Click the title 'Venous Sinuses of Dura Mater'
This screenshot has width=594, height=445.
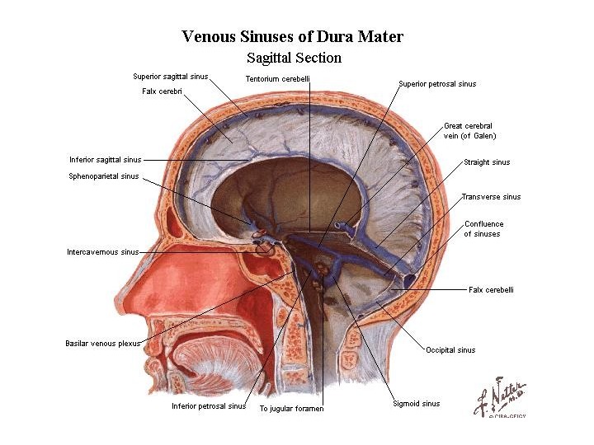tap(293, 37)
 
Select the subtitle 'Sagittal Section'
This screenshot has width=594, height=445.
tap(294, 59)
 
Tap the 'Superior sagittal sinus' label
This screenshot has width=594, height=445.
tap(171, 77)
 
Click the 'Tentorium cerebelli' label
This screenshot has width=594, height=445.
tap(278, 79)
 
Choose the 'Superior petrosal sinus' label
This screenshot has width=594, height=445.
tap(437, 84)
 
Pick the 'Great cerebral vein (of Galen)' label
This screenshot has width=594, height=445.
tap(469, 131)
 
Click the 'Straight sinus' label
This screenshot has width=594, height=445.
tap(487, 162)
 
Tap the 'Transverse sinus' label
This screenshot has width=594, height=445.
tap(491, 197)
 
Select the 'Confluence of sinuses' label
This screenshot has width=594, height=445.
tap(483, 228)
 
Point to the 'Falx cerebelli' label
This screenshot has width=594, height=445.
tap(491, 289)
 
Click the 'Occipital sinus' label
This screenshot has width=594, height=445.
tap(450, 350)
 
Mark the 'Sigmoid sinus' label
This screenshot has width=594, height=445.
tap(417, 404)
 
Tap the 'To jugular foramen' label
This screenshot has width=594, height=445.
tap(291, 409)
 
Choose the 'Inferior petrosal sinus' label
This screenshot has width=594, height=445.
tap(209, 406)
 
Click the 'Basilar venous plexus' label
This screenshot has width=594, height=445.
tap(103, 343)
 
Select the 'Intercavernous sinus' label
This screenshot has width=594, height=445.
tap(103, 251)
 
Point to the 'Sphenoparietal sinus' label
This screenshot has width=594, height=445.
tap(104, 176)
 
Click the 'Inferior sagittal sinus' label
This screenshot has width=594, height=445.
tap(106, 160)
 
